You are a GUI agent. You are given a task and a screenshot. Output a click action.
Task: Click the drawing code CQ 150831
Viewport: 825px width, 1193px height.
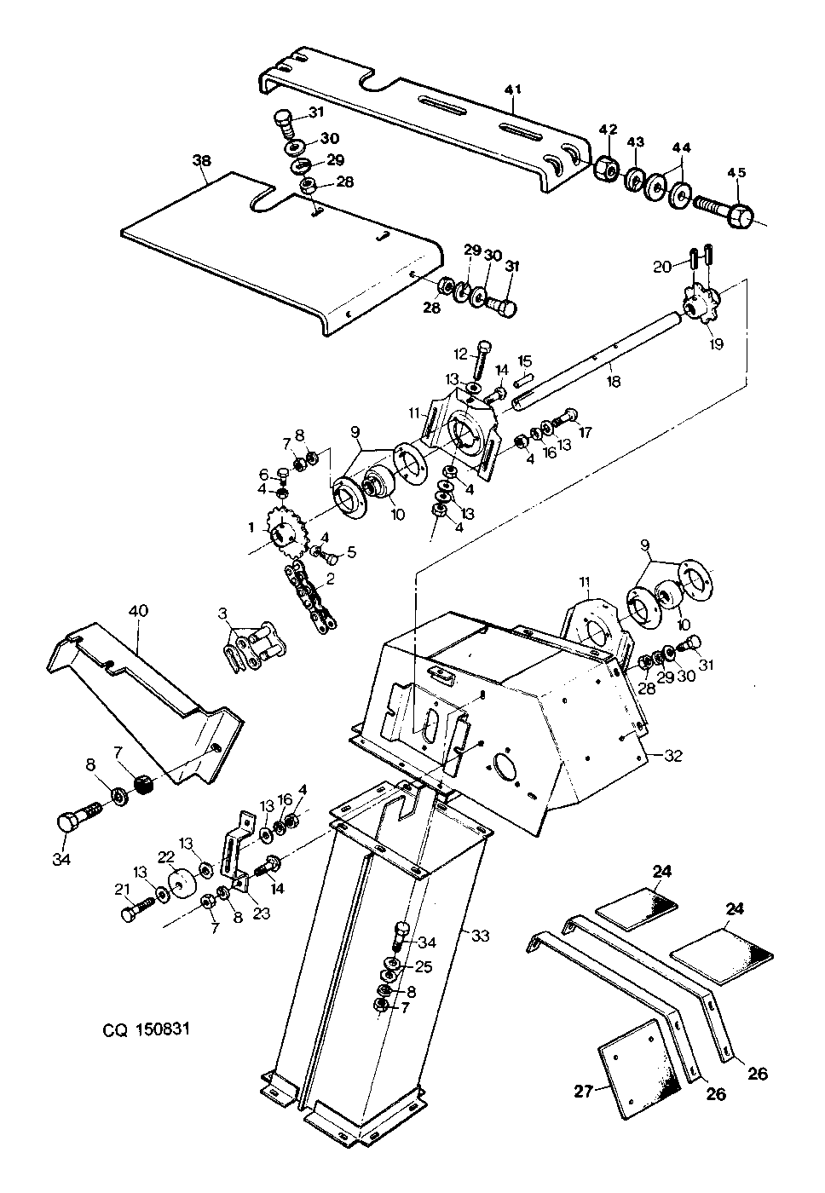pyautogui.click(x=146, y=1029)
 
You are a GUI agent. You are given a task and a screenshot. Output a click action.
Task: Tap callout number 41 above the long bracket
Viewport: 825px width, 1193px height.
pyautogui.click(x=513, y=89)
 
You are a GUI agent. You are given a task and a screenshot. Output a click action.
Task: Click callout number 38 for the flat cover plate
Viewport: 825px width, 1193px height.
pyautogui.click(x=202, y=160)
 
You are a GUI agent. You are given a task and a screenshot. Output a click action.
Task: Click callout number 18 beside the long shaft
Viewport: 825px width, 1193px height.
pyautogui.click(x=614, y=382)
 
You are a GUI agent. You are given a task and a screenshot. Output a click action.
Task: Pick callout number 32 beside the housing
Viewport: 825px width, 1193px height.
pyautogui.click(x=673, y=755)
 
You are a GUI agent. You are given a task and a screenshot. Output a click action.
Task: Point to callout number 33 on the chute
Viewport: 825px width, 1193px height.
pyautogui.click(x=480, y=936)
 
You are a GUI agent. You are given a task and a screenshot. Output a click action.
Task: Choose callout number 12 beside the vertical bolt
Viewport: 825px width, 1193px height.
pyautogui.click(x=461, y=353)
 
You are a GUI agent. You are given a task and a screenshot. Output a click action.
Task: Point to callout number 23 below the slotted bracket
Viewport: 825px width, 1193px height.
pyautogui.click(x=262, y=913)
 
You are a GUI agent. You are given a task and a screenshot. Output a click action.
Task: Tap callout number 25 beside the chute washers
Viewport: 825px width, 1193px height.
pyautogui.click(x=424, y=966)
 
